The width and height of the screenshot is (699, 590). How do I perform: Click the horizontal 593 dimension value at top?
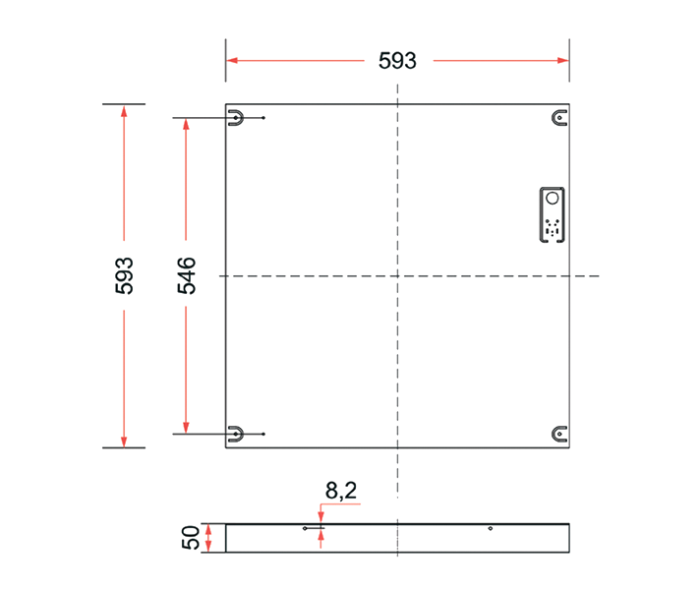397,61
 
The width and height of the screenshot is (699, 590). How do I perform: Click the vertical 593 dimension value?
125,276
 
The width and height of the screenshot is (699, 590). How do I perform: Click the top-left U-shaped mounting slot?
236,119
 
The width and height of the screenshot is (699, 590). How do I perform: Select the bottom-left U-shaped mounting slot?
236,433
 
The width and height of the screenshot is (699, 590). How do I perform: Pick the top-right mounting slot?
559,119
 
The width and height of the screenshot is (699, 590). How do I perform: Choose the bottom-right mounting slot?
559,433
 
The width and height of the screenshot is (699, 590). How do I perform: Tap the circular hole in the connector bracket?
552,198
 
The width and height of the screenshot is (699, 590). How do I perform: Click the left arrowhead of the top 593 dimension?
232,60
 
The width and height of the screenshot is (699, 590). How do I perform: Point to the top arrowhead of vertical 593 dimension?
124,110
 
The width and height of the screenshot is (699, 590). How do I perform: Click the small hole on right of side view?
490,529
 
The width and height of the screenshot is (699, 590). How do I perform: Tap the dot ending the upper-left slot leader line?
264,119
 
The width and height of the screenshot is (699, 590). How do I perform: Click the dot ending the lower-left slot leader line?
264,434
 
